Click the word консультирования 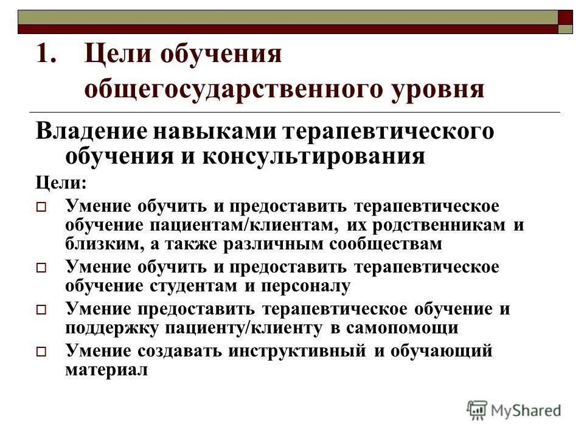pos(307,156)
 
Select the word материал pos(106,369)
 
